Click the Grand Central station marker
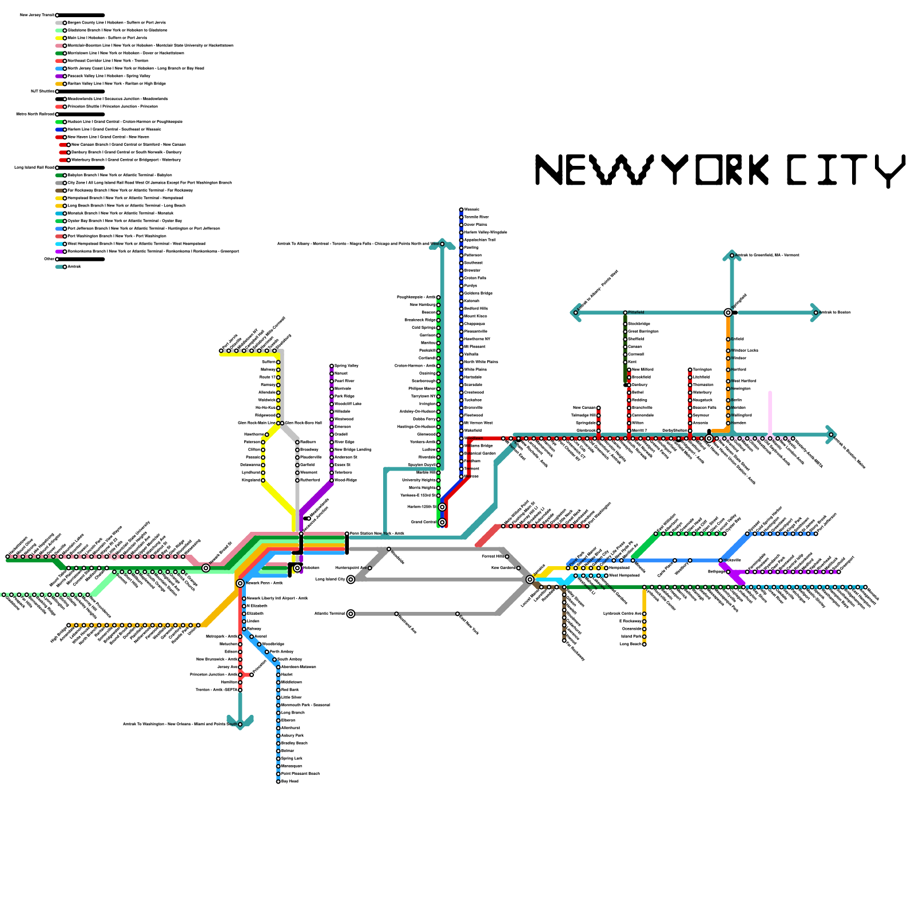coord(442,522)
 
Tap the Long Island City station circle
coord(351,579)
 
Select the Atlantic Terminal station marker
coord(351,614)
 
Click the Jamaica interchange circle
coord(530,579)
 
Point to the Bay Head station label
coord(290,781)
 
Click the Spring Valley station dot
coord(332,366)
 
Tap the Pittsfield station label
coord(636,312)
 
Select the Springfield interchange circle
coord(728,312)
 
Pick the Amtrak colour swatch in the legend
coord(59,266)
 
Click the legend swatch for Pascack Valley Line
coord(59,76)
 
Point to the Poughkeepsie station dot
coord(439,297)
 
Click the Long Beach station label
coord(631,644)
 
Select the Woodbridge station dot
coord(259,644)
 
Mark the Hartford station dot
coord(728,370)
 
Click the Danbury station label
coord(640,385)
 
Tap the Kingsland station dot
coord(263,480)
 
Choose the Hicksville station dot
coord(721,560)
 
